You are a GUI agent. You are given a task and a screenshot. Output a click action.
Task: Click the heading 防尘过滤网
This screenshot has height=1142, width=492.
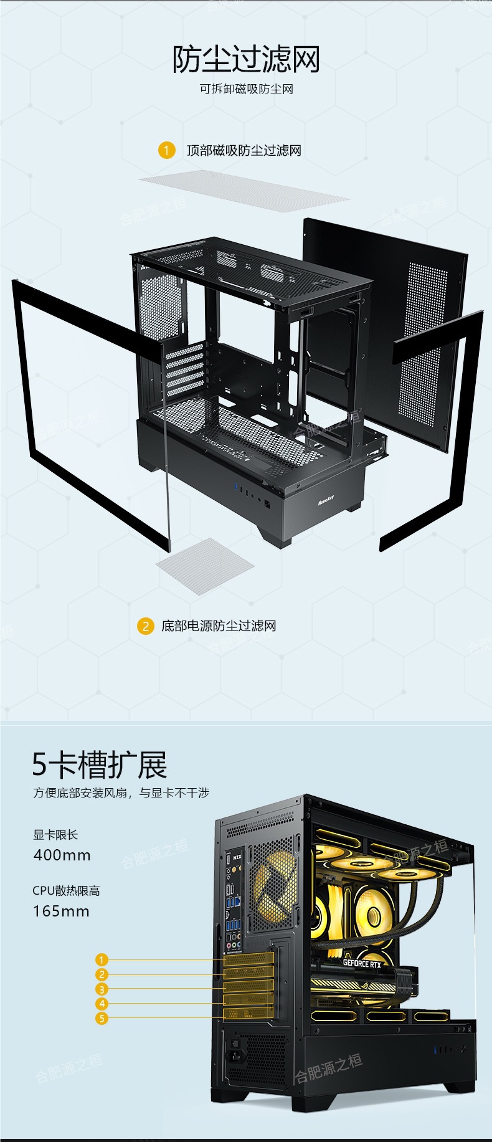click(246, 59)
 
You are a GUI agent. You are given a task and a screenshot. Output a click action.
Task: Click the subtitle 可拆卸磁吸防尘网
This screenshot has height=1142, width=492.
click(246, 89)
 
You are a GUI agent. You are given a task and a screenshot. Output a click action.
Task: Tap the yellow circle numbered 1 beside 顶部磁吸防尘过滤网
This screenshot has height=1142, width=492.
click(166, 150)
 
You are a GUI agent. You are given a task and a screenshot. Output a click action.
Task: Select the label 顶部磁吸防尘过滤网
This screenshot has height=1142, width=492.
click(244, 150)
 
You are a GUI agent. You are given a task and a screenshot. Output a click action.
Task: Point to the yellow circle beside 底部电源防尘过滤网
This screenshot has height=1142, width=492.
click(145, 626)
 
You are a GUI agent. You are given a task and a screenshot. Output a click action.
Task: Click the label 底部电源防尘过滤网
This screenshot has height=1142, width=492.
click(219, 626)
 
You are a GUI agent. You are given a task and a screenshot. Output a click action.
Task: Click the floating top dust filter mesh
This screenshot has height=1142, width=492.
click(244, 192)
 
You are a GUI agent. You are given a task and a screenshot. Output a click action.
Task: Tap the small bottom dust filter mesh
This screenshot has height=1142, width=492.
click(204, 566)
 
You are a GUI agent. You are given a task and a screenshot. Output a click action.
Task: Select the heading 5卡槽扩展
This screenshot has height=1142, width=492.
click(100, 765)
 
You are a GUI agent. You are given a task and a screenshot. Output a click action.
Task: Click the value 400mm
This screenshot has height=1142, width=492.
click(62, 855)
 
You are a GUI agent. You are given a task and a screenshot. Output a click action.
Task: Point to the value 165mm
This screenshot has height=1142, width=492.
click(61, 911)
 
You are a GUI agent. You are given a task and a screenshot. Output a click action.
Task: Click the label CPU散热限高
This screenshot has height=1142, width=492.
click(66, 891)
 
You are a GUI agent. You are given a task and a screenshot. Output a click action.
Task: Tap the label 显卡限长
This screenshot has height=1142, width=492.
click(55, 835)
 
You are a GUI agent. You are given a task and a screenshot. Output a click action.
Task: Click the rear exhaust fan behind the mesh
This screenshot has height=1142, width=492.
click(273, 885)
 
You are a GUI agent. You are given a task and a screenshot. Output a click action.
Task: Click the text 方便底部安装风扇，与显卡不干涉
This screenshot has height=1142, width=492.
click(121, 793)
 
